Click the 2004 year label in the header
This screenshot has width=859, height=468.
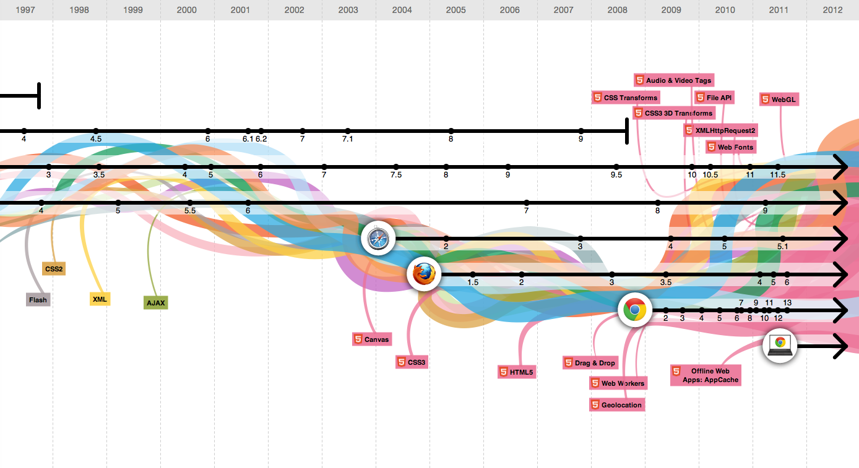pyautogui.click(x=402, y=10)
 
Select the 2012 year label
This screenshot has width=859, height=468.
pyautogui.click(x=833, y=10)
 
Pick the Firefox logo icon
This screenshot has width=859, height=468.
pyautogui.click(x=424, y=274)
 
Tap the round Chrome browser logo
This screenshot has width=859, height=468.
pyautogui.click(x=635, y=310)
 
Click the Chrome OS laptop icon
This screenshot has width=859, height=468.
pyautogui.click(x=780, y=346)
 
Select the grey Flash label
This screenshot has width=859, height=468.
pyautogui.click(x=38, y=300)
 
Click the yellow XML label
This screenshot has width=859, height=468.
pyautogui.click(x=100, y=299)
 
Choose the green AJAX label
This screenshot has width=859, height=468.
pyautogui.click(x=155, y=303)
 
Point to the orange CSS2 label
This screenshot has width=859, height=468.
pyautogui.click(x=54, y=269)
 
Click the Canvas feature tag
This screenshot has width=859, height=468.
pyautogui.click(x=371, y=339)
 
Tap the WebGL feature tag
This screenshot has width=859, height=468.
pyautogui.click(x=779, y=100)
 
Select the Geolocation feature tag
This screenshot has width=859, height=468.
pyautogui.click(x=617, y=405)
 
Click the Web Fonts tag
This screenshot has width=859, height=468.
pyautogui.click(x=730, y=147)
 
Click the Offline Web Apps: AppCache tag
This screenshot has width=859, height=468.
pyautogui.click(x=705, y=375)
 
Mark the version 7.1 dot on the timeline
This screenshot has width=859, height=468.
pyautogui.click(x=348, y=131)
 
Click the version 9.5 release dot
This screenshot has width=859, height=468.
pyautogui.click(x=616, y=167)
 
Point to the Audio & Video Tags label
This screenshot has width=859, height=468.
pyautogui.click(x=673, y=80)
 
